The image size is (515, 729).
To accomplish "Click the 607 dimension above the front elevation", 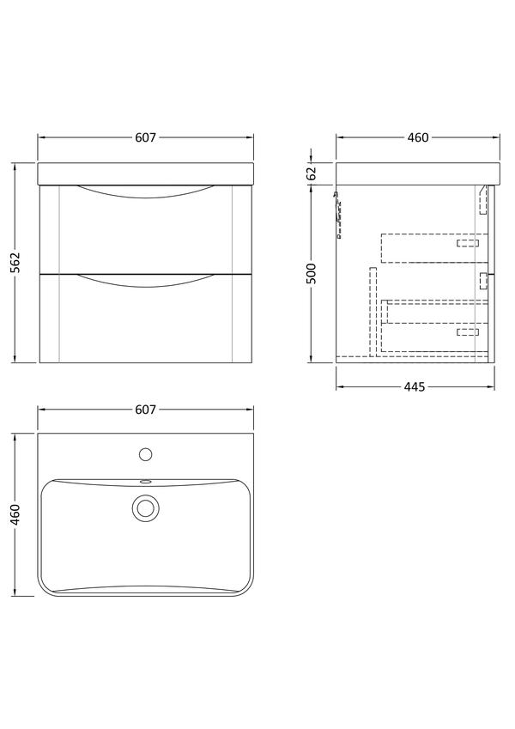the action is [145, 137].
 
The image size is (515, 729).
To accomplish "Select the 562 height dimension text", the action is [15, 263].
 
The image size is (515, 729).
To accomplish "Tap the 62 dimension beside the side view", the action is [312, 173].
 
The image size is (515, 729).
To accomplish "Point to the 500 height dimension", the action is [312, 273].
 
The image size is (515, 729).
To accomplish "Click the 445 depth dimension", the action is [415, 386].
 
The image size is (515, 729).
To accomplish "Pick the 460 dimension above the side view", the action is [418, 137].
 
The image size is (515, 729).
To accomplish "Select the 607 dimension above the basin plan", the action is [145, 410].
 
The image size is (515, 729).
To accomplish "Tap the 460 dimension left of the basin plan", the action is [15, 514].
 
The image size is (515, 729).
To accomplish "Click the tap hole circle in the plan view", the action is [145, 454].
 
